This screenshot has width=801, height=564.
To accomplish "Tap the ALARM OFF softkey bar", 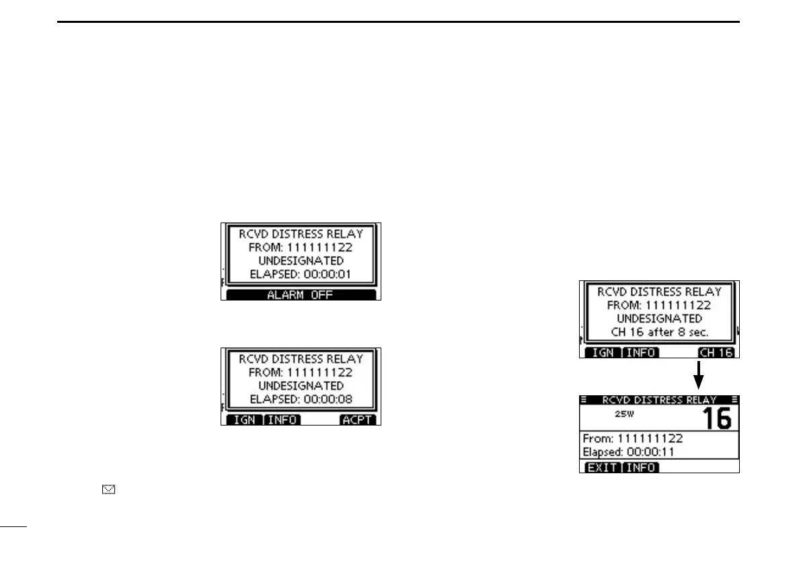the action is click(x=301, y=295).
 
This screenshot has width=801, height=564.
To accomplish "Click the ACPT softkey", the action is click(x=358, y=420).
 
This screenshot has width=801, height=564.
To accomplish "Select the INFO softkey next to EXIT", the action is click(x=641, y=468).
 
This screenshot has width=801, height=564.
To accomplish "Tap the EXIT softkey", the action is click(x=602, y=468).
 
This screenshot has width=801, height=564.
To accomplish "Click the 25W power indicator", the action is click(x=625, y=413).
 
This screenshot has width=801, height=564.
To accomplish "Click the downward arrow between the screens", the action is click(x=699, y=374).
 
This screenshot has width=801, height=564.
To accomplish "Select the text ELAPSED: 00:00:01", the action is click(x=301, y=274).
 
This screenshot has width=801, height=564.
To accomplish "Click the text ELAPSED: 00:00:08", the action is click(x=301, y=399).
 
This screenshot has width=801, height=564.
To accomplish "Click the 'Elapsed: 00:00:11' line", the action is click(x=629, y=452).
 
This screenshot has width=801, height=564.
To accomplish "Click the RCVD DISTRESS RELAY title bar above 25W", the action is click(x=659, y=399).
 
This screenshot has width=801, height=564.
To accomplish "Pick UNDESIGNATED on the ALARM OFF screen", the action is click(x=301, y=260).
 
